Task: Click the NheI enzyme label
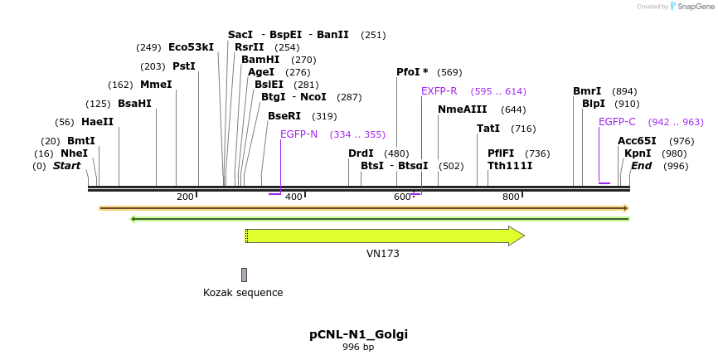(74, 153)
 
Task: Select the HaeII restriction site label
(97, 122)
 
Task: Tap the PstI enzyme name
(183, 66)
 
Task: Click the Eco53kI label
(191, 47)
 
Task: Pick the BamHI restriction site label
(260, 60)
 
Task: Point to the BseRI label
(284, 116)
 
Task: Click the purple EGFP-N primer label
(298, 134)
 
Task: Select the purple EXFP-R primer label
(439, 91)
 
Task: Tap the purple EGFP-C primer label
(617, 122)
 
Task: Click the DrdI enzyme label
(361, 153)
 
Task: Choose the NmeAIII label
(462, 109)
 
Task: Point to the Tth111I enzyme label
(510, 166)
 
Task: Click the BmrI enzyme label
(586, 91)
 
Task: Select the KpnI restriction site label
(638, 153)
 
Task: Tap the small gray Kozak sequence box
(244, 275)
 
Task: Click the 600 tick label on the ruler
(402, 197)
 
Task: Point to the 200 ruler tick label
(185, 197)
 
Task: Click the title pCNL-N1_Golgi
(358, 334)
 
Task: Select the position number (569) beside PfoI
(449, 72)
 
